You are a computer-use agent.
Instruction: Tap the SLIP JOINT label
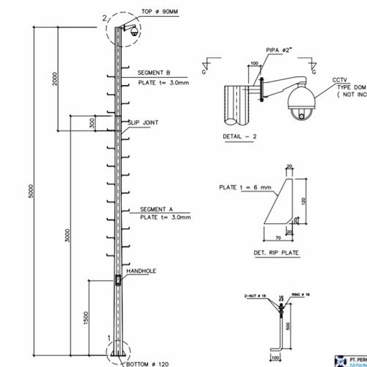[144, 121]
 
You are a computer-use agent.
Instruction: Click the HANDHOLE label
[141, 271]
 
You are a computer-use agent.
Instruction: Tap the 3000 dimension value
[67, 235]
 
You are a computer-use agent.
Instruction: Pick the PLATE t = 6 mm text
[245, 187]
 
